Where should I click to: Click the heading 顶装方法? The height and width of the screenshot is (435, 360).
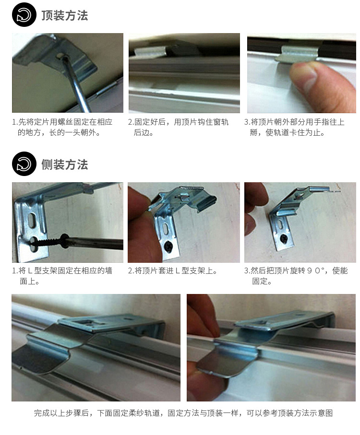(x=64, y=15)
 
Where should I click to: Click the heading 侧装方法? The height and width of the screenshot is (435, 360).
(x=64, y=165)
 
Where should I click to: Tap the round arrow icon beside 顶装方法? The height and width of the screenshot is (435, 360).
(x=24, y=15)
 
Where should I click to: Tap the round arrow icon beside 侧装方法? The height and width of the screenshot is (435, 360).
(x=24, y=164)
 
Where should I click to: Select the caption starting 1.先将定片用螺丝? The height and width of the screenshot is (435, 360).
(x=62, y=127)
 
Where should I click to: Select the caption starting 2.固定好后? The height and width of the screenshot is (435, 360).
(x=178, y=127)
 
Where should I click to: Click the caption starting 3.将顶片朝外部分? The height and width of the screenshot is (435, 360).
(x=294, y=127)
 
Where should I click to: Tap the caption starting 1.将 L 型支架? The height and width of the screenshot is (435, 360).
(x=62, y=276)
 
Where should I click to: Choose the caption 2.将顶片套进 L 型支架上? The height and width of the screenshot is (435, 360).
(x=173, y=271)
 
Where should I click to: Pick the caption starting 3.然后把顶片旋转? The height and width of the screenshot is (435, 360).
(x=296, y=276)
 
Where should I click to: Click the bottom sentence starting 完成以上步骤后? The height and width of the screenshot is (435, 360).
(x=183, y=413)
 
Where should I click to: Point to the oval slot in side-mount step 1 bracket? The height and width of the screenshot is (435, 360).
(x=31, y=221)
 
